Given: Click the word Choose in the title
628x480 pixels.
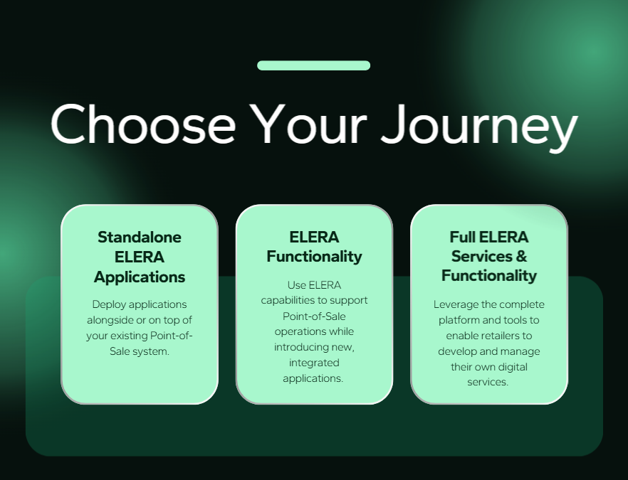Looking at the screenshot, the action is point(143,124).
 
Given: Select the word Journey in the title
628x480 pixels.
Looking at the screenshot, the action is point(479,127).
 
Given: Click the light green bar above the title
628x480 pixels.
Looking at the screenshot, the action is point(313,65).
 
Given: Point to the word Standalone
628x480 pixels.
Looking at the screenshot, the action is point(140,238).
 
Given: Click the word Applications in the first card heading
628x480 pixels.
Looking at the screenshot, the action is point(140,277).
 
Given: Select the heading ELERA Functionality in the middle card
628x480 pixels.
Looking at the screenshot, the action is point(314,247).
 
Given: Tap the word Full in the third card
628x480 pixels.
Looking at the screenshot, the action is point(463,238).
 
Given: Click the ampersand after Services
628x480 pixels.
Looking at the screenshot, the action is point(521,257).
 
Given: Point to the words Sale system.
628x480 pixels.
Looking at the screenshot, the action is point(140,351).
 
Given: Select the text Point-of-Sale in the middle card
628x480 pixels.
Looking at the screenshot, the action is point(314,316).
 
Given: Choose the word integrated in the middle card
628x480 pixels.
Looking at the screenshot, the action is point(314,363).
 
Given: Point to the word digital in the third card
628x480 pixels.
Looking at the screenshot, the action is point(513,367).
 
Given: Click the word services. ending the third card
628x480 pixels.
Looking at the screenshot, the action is point(488,383).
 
